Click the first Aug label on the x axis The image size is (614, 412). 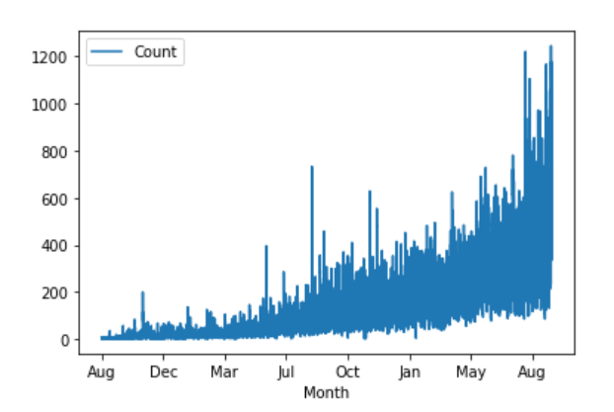click(x=102, y=372)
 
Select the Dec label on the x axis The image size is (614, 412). click(x=164, y=372)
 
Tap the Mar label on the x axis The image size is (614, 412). click(x=225, y=372)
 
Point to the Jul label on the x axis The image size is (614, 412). click(x=286, y=372)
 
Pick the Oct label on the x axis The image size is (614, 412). click(x=347, y=372)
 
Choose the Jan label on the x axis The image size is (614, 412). click(x=410, y=372)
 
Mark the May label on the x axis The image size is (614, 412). click(x=471, y=372)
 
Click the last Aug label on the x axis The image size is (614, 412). click(x=533, y=372)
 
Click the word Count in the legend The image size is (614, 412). click(x=155, y=52)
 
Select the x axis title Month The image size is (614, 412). click(x=326, y=392)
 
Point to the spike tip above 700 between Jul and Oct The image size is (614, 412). click(x=312, y=167)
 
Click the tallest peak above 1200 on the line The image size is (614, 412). click(x=551, y=46)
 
